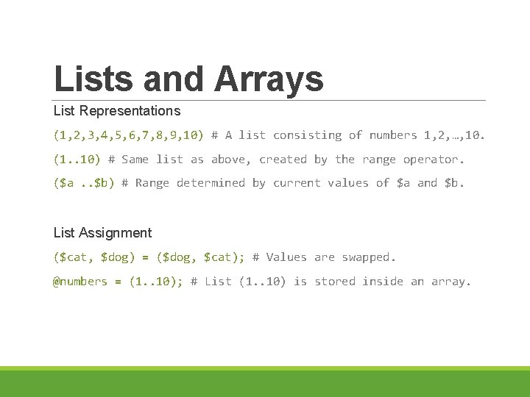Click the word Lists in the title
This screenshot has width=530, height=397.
[93, 78]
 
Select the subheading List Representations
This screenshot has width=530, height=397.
[116, 111]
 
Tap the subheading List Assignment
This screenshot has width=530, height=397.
[102, 233]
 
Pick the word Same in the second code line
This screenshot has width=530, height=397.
[135, 160]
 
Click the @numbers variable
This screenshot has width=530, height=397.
[80, 282]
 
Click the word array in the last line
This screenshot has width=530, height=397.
[451, 282]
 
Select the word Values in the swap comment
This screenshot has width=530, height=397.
[286, 257]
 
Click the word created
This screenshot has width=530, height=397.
[283, 160]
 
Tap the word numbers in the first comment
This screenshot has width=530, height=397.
[392, 135]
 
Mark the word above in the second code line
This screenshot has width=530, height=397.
[228, 160]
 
